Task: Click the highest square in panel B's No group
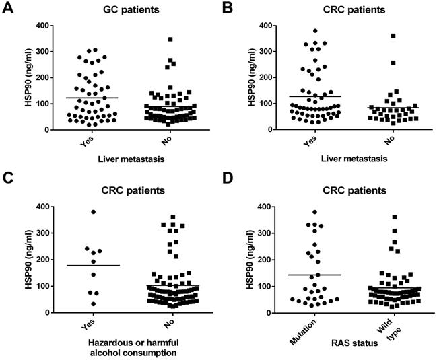click(393, 36)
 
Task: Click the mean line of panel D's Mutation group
click(313, 275)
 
